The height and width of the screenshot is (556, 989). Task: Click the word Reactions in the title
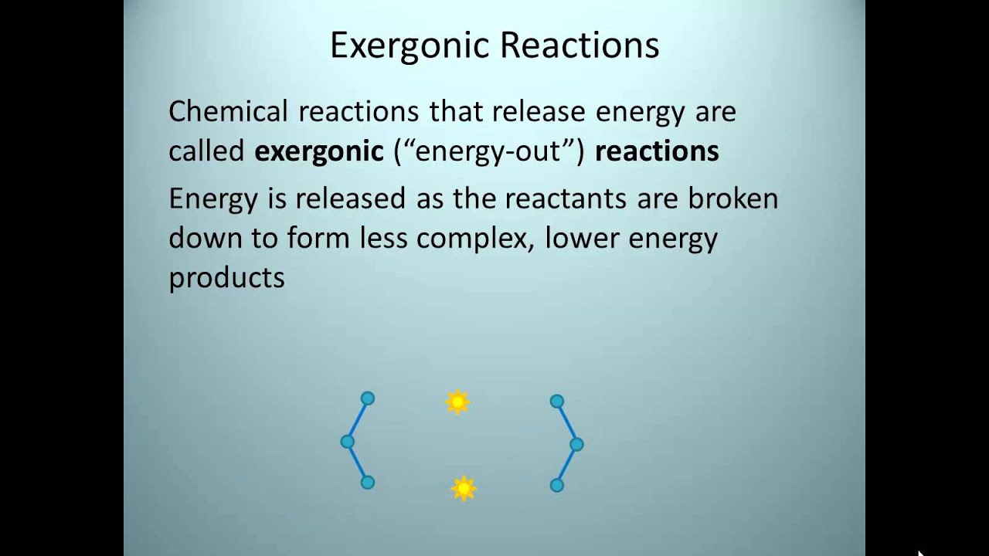coord(579,46)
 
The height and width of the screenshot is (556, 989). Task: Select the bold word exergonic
coord(319,151)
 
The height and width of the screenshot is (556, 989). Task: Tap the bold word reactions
coord(657,151)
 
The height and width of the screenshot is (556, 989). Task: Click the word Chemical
coord(228,112)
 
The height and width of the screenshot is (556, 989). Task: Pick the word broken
coord(732,198)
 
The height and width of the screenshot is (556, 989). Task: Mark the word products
coord(226,278)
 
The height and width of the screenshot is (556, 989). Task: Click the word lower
coord(582,239)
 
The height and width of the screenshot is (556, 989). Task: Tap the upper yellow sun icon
coord(457,402)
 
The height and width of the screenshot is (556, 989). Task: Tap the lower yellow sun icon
coord(463,488)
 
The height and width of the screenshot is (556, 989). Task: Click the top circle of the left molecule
coord(368,398)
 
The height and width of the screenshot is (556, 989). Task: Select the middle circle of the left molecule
coord(348,442)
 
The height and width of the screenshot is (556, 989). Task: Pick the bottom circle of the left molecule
coord(368,483)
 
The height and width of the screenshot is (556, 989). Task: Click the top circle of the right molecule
coord(556,402)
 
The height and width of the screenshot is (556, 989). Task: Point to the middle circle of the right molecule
coord(576,444)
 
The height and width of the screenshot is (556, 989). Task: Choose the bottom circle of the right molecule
coord(556,485)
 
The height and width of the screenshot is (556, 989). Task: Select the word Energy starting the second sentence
coord(212,198)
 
